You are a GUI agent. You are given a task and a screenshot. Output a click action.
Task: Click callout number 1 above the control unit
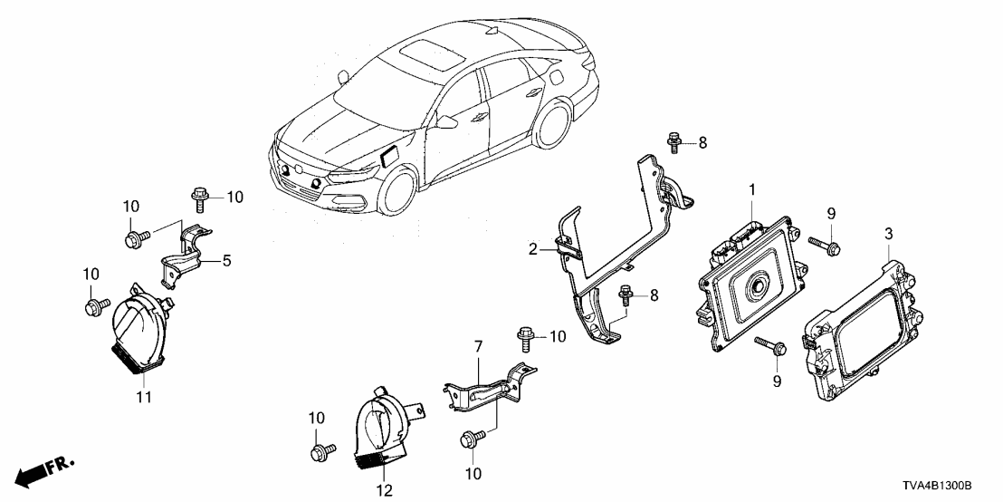click(750, 190)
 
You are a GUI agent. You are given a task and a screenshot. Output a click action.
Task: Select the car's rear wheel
click(552, 127)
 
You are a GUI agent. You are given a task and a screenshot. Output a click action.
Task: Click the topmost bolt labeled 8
click(673, 141)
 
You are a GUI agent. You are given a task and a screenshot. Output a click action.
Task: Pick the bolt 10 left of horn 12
click(319, 450)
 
